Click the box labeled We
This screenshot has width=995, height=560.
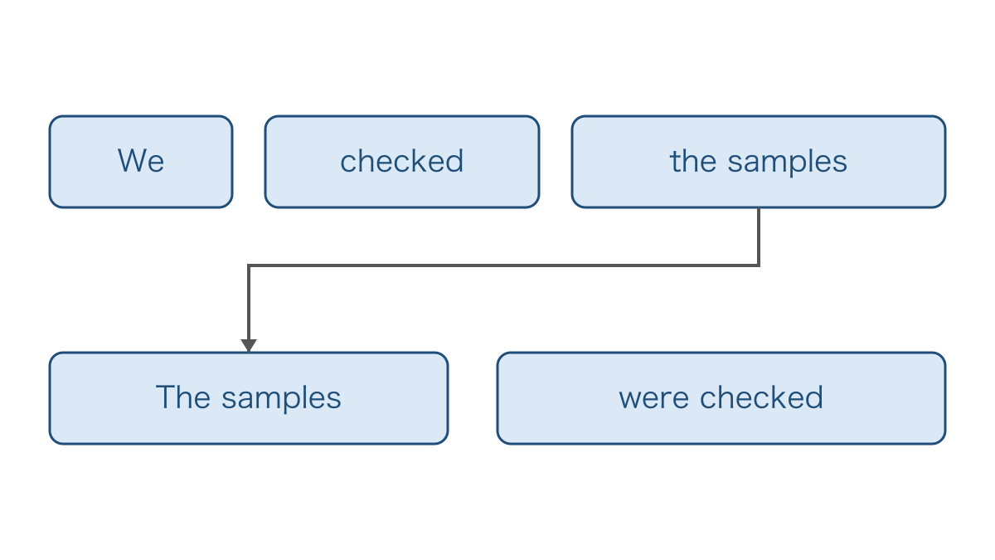(x=141, y=162)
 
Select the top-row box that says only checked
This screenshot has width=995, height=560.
(x=402, y=162)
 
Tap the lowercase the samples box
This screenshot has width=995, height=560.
(x=759, y=162)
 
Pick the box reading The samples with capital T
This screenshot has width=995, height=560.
(x=249, y=398)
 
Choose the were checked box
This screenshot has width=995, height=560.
(x=721, y=398)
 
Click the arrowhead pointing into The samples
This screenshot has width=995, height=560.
(x=249, y=346)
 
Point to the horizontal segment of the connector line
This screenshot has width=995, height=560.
(x=504, y=265)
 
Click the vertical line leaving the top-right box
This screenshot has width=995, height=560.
(x=759, y=237)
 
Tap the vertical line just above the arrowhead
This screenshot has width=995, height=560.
(x=249, y=303)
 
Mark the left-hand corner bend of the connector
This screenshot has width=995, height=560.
(x=249, y=265)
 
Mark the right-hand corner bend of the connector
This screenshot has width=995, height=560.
(x=759, y=265)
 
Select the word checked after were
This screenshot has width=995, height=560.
(x=762, y=397)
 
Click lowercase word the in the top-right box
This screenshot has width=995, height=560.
(x=693, y=161)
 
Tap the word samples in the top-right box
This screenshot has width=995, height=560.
(x=788, y=163)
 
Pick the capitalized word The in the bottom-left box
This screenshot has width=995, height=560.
(x=183, y=397)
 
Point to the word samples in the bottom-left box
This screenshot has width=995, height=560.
(x=282, y=400)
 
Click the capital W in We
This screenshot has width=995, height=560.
(x=132, y=160)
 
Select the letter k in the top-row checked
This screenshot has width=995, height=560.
(x=424, y=160)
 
